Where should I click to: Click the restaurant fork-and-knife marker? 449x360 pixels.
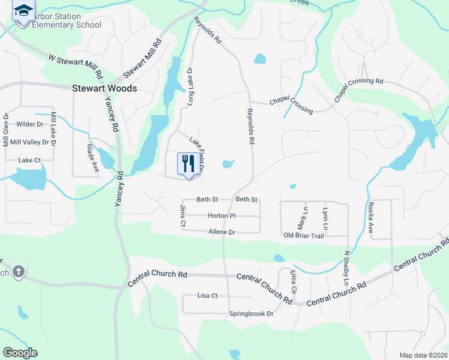coord(188,163)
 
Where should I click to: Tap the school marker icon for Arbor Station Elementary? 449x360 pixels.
coord(23,12)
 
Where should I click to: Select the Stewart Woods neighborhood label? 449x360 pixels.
coord(104,88)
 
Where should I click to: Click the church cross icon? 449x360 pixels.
coord(19,271)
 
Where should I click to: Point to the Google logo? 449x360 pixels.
coord(20,353)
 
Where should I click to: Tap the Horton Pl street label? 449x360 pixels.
coord(221,215)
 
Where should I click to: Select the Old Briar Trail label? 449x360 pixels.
coord(304,235)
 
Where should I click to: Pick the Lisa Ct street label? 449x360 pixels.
coord(207,296)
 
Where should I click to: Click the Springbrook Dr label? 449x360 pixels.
coord(251,314)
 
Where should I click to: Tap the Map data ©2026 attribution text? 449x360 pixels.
coord(423,355)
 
